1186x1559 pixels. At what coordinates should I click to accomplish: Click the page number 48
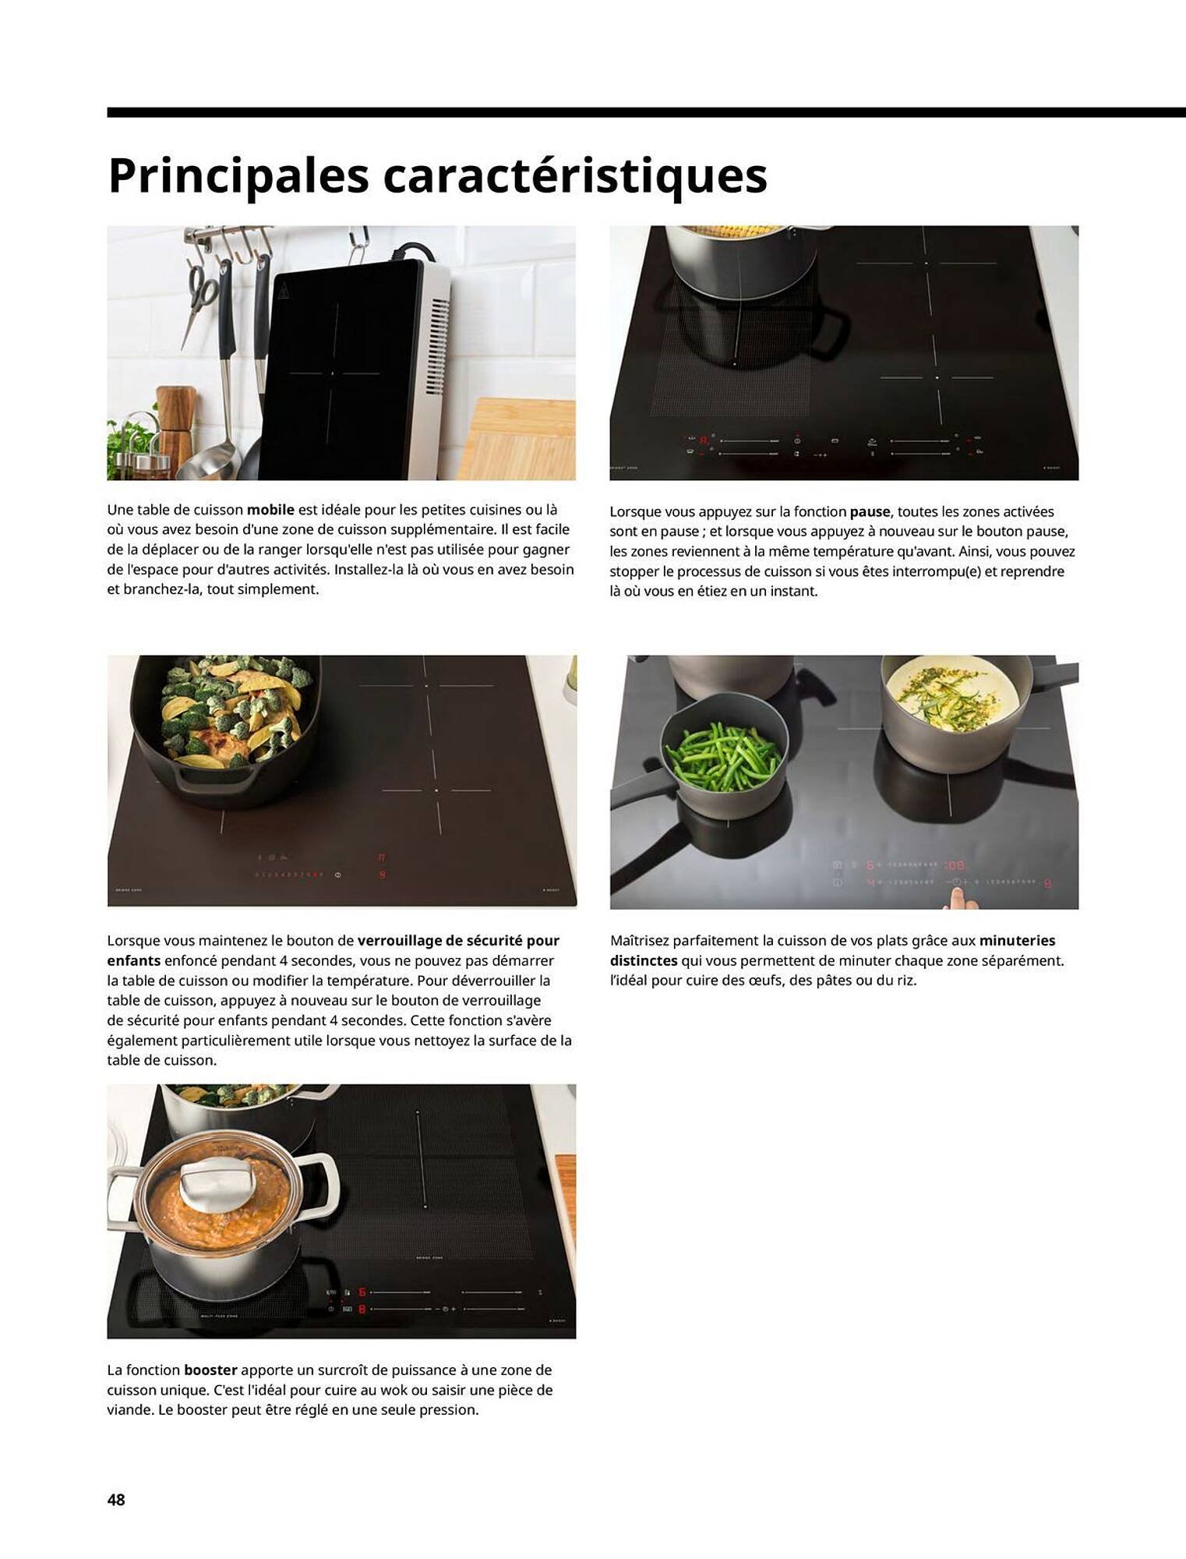pyautogui.click(x=116, y=1499)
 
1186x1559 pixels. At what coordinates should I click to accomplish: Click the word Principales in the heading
pyautogui.click(x=238, y=176)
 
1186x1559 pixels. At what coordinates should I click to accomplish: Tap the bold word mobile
pyautogui.click(x=270, y=510)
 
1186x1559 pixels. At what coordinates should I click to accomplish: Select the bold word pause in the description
pyautogui.click(x=870, y=512)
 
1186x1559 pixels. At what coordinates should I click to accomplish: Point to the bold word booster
pyautogui.click(x=210, y=1370)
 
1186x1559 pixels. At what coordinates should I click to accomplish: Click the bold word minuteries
pyautogui.click(x=1017, y=941)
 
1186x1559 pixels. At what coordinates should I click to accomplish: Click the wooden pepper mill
pyautogui.click(x=175, y=425)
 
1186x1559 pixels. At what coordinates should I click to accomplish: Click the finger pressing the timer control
pyautogui.click(x=954, y=897)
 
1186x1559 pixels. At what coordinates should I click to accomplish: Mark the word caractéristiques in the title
pyautogui.click(x=574, y=176)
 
